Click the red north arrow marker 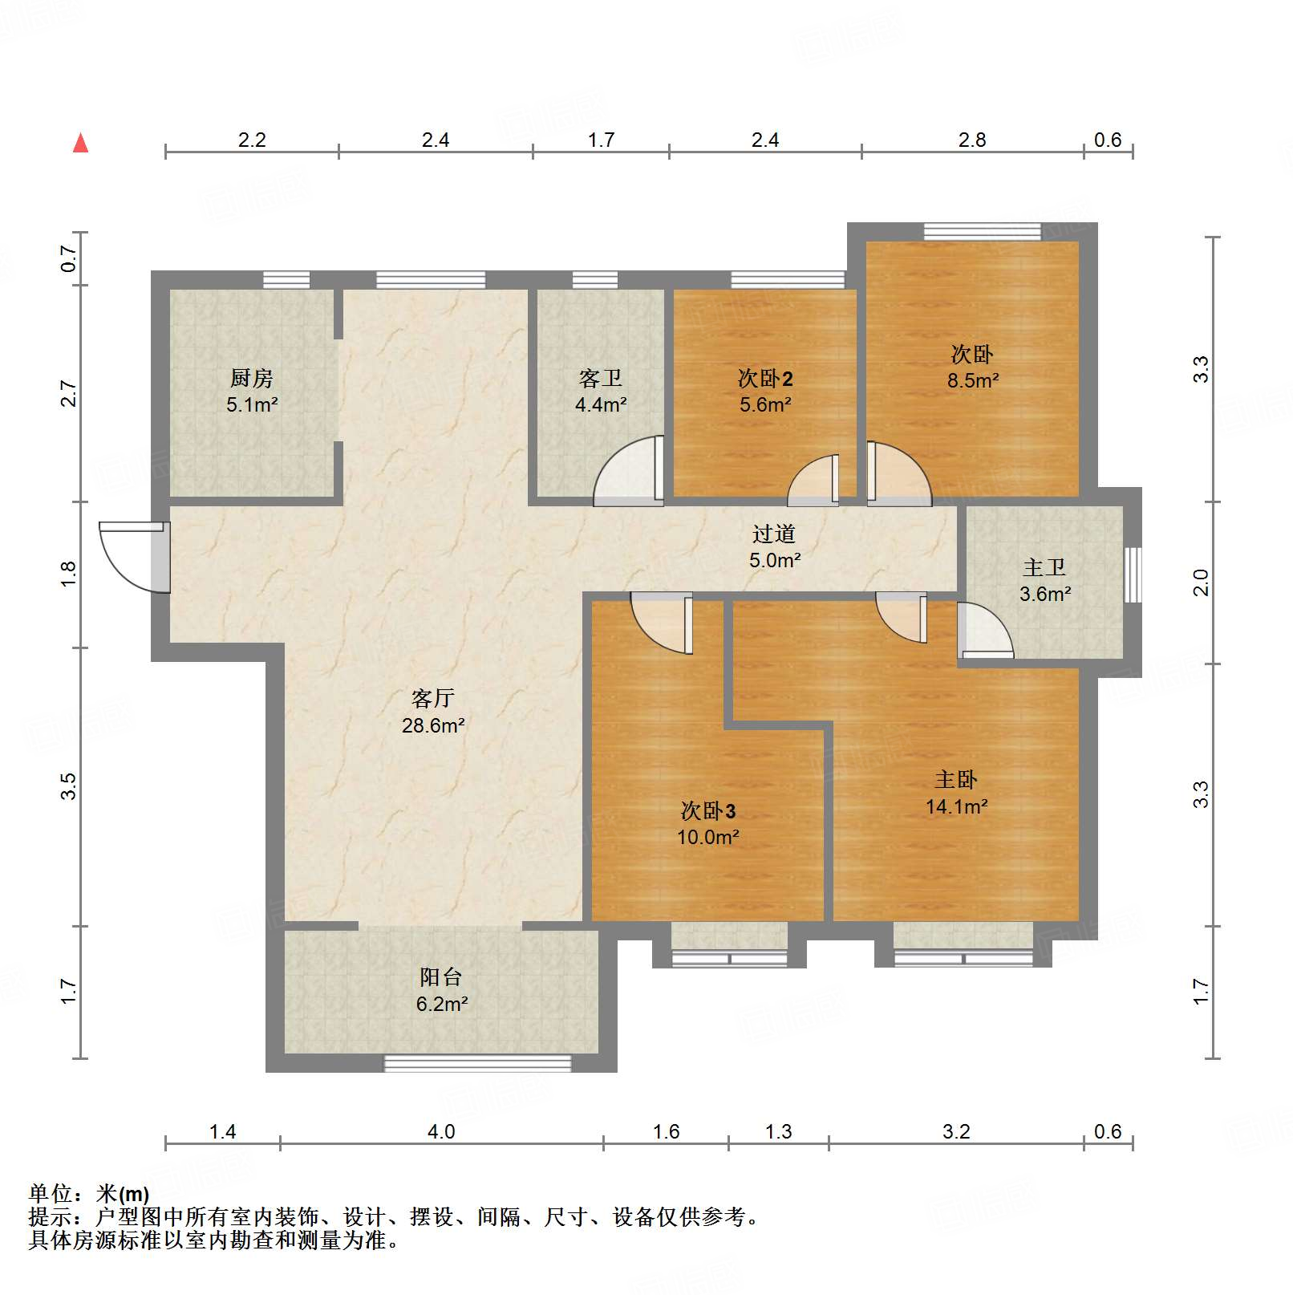tap(80, 144)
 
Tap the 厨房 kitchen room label tap(251, 378)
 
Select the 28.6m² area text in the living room tap(433, 726)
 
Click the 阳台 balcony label tap(440, 977)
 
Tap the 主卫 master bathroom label tap(1044, 568)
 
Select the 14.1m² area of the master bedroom tap(956, 807)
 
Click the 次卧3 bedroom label tap(707, 811)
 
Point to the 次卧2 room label tap(765, 379)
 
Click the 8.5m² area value tap(972, 381)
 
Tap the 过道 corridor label tap(774, 534)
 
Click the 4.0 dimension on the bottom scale tap(440, 1131)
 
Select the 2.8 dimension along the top tap(971, 140)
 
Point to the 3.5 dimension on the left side tap(68, 786)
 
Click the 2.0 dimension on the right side tap(1200, 582)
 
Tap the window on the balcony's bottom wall tap(477, 1064)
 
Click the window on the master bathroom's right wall tap(1133, 574)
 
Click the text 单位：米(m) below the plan tap(89, 1194)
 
